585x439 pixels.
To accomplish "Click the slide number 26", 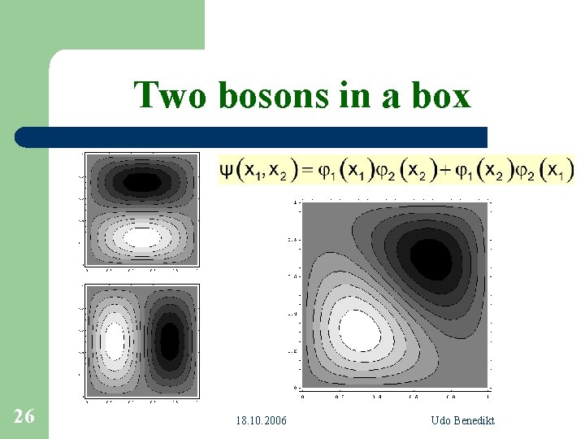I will (x=24, y=417).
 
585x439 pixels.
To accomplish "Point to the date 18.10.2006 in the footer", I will (x=260, y=420).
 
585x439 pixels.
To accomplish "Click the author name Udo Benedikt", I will (x=463, y=420).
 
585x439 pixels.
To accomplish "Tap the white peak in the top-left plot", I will (x=142, y=236).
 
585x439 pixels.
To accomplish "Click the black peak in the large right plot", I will (x=431, y=259).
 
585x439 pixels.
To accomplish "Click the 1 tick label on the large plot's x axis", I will (x=487, y=397).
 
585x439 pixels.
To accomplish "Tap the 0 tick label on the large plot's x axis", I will (x=303, y=397).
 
